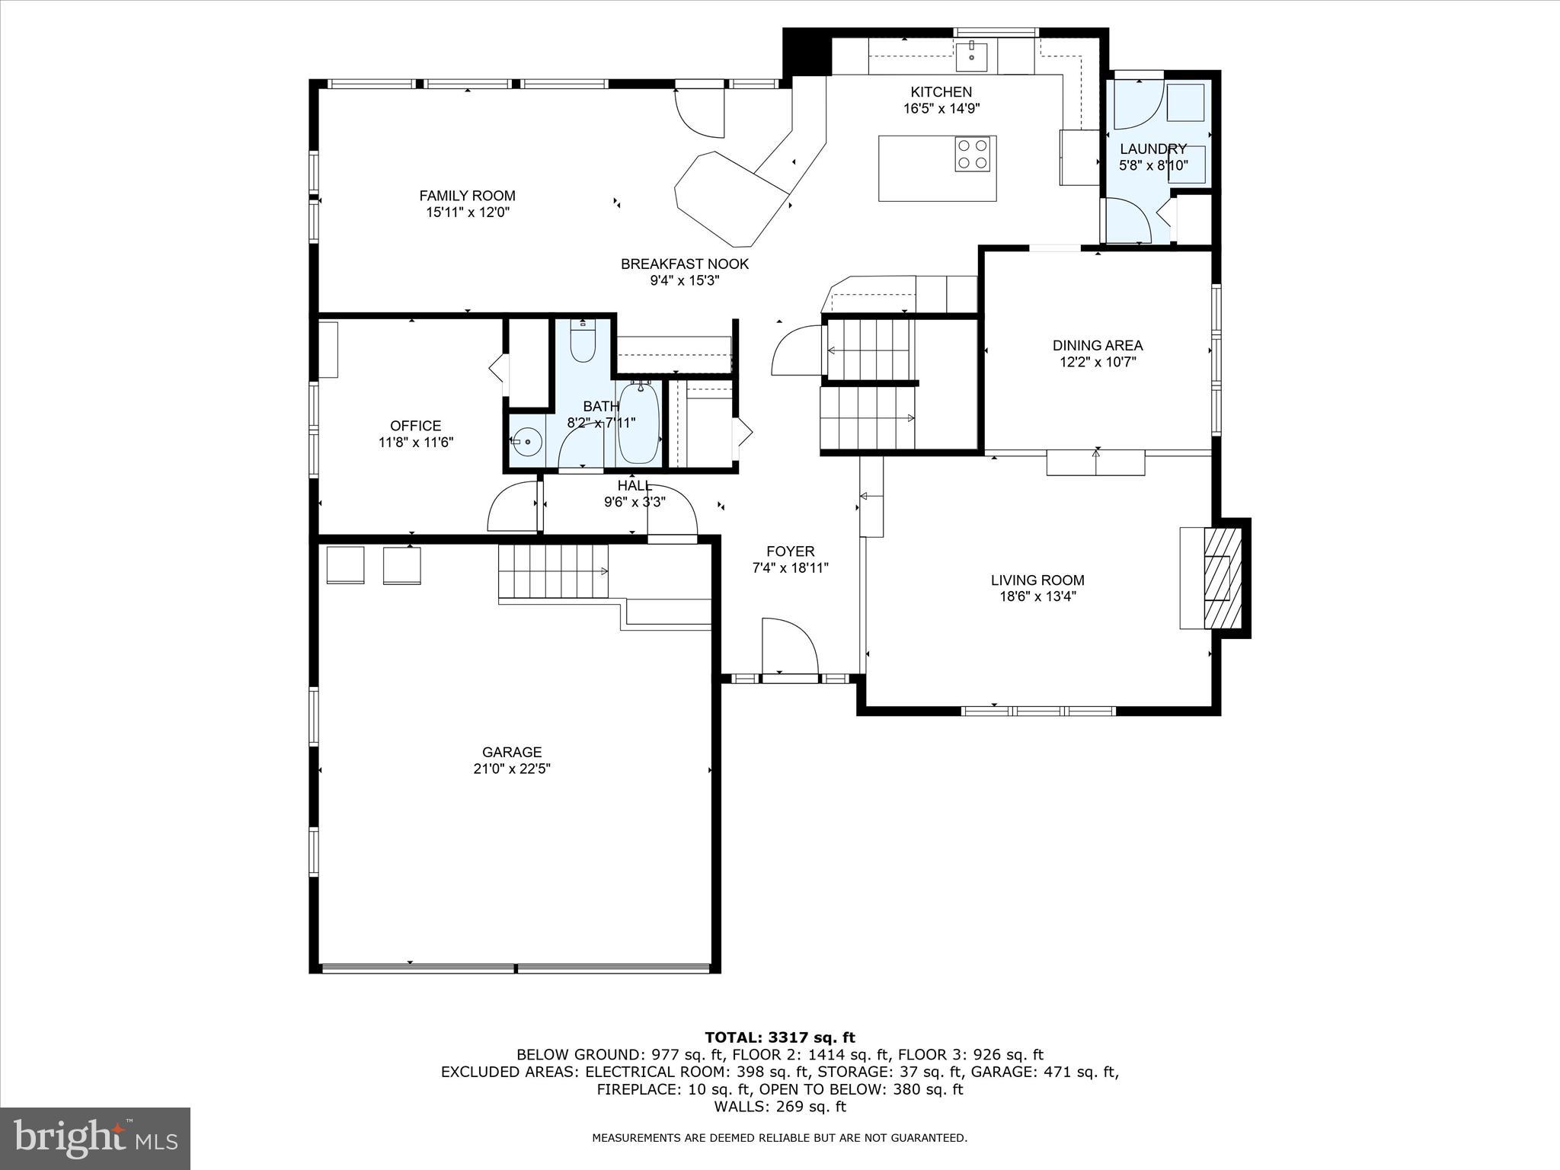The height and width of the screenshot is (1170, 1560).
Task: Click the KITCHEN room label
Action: click(941, 92)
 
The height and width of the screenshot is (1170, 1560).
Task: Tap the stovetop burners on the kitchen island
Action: click(973, 154)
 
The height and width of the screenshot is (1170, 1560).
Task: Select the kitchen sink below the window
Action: click(972, 54)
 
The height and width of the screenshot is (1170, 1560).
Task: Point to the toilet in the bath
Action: click(583, 344)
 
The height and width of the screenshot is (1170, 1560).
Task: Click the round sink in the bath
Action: click(526, 441)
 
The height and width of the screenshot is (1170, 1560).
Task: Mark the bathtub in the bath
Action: click(638, 423)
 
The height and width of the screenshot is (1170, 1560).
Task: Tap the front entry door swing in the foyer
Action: click(788, 646)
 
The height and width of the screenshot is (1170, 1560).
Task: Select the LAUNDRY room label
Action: click(1152, 149)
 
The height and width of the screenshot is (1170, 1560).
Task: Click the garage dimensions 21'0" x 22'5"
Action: click(511, 769)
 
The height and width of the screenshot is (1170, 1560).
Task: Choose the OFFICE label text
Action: click(415, 426)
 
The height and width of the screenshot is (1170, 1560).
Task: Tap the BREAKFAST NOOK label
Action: click(684, 264)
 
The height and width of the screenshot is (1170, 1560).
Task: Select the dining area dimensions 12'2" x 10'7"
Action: click(1097, 363)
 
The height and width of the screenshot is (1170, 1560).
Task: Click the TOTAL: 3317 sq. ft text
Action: click(779, 1037)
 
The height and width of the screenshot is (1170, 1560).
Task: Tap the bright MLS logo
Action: click(95, 1138)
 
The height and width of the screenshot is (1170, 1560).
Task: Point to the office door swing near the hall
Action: click(512, 507)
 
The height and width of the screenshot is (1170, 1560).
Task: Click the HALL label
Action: click(634, 486)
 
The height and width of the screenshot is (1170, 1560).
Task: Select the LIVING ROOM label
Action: click(1037, 580)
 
